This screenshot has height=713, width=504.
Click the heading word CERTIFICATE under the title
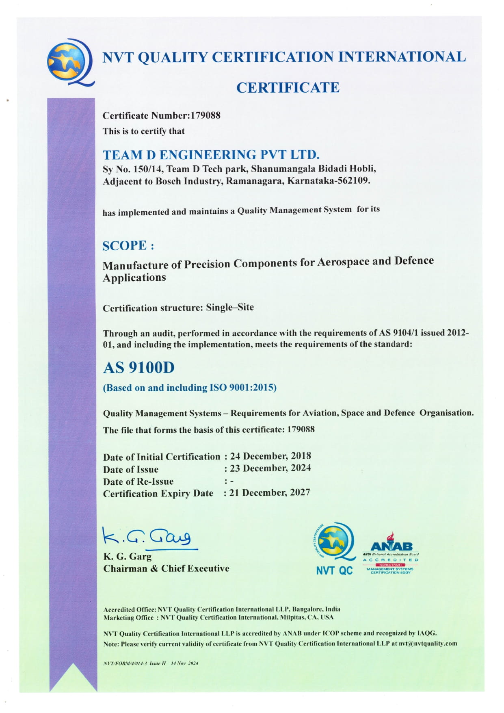[288, 88]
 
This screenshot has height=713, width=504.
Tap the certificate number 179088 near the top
[205, 116]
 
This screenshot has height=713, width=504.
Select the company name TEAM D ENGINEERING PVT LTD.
[211, 155]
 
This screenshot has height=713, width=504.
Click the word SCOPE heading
[124, 246]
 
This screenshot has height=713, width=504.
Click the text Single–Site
[230, 308]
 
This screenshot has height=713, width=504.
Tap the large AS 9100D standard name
[138, 368]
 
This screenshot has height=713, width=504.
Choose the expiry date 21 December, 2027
[270, 492]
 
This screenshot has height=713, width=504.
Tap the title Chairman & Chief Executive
[166, 568]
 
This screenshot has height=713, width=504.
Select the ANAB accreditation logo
[391, 553]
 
